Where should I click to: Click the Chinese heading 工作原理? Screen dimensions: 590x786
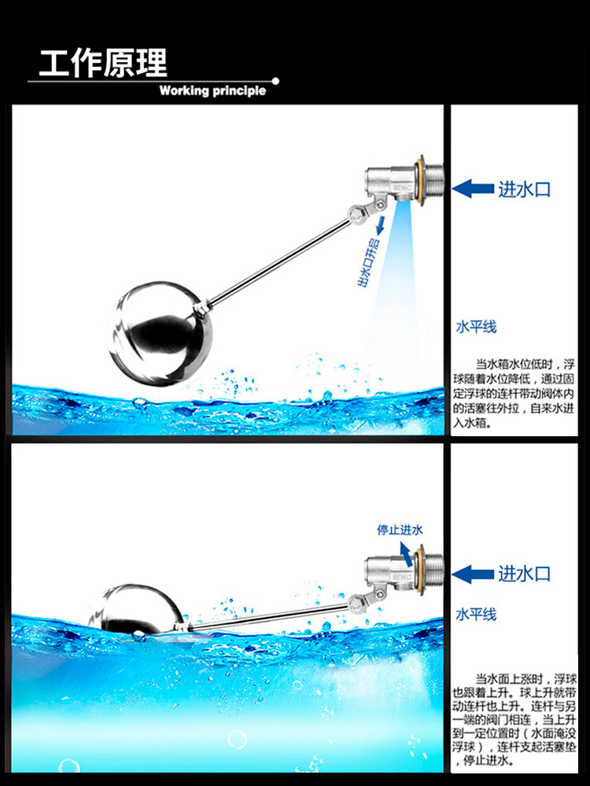click(x=103, y=63)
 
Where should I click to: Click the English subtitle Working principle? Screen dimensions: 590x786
click(x=212, y=90)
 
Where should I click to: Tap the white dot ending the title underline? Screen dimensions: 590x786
click(x=275, y=81)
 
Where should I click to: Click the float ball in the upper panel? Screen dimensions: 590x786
click(x=160, y=333)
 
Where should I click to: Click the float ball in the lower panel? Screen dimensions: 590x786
click(x=136, y=609)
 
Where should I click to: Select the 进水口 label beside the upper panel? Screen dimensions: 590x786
click(x=524, y=189)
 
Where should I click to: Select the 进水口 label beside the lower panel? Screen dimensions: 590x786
click(x=524, y=574)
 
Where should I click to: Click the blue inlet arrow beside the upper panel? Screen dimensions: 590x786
click(x=473, y=189)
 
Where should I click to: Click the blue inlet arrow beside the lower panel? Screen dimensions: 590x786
click(x=473, y=574)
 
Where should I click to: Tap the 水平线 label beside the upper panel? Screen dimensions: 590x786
click(x=476, y=327)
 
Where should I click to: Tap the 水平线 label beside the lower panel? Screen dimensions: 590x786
click(x=476, y=614)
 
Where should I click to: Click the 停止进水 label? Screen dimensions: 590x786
click(x=400, y=530)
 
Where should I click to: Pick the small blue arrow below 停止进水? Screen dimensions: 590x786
click(x=406, y=554)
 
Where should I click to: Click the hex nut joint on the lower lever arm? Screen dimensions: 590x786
click(x=356, y=604)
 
